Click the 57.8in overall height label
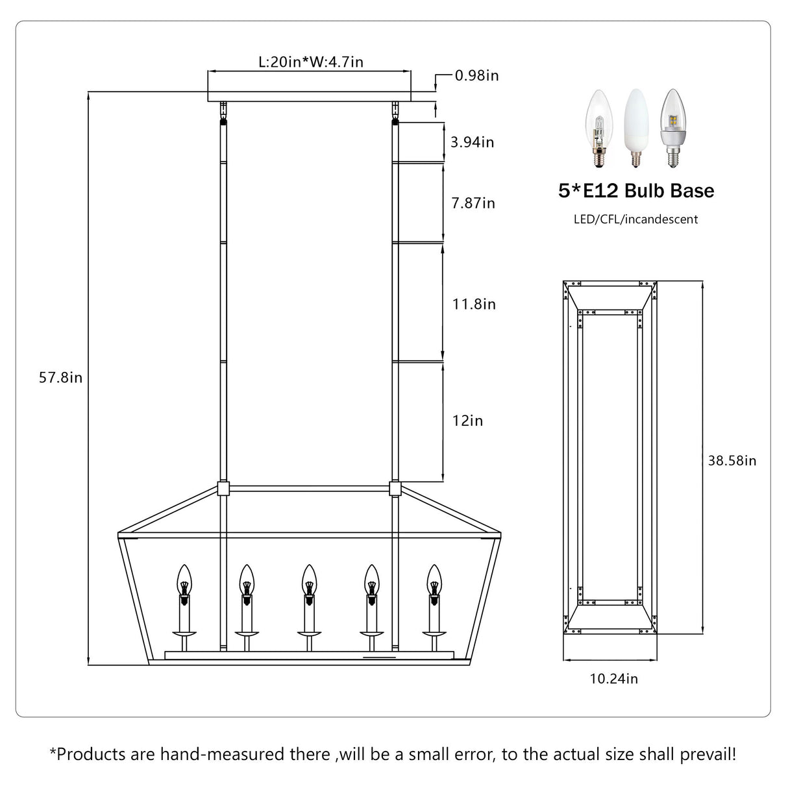60,378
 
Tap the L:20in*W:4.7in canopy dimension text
310,62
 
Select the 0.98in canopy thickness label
476,75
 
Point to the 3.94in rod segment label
473,142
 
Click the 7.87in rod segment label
473,203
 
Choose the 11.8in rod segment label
474,304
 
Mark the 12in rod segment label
467,421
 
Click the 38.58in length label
732,461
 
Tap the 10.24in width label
613,679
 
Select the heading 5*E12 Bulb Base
635,191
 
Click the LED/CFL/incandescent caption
635,219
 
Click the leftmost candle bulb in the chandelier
184,581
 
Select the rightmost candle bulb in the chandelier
433,581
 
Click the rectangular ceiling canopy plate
309,86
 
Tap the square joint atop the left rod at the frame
223,488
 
